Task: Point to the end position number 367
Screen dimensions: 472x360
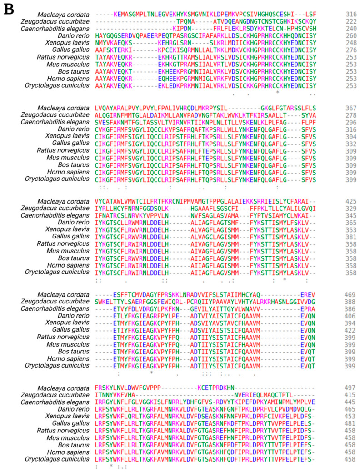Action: [350, 108]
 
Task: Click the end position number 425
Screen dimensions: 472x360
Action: [350, 201]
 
